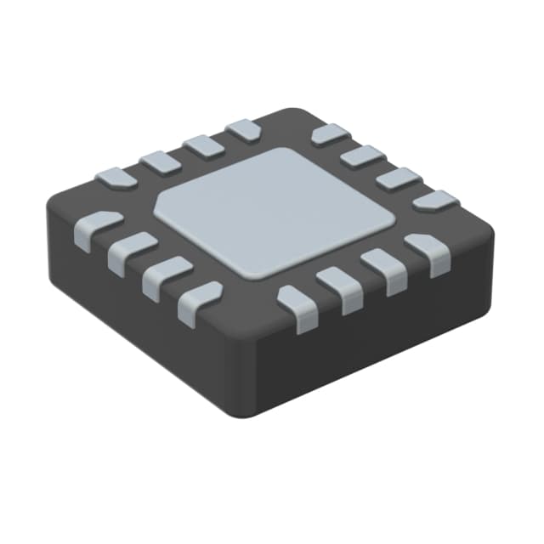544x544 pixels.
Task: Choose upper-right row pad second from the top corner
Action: click(x=365, y=156)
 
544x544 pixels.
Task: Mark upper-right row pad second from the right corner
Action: click(x=398, y=178)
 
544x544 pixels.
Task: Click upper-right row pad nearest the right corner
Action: click(x=434, y=201)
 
